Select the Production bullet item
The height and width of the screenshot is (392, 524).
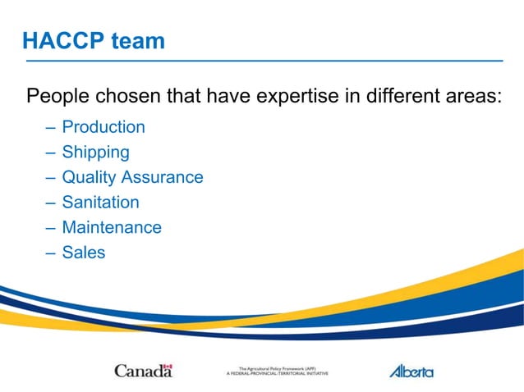click(103, 127)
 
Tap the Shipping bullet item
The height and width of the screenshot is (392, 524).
click(95, 152)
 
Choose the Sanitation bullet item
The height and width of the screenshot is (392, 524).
click(100, 202)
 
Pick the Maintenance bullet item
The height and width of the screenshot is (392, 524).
click(112, 227)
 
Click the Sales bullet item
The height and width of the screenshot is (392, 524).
click(84, 253)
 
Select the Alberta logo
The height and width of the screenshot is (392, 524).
click(411, 371)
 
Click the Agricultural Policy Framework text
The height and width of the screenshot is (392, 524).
click(277, 371)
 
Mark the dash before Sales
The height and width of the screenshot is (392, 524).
click(50, 253)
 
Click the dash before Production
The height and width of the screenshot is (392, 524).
click(50, 127)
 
